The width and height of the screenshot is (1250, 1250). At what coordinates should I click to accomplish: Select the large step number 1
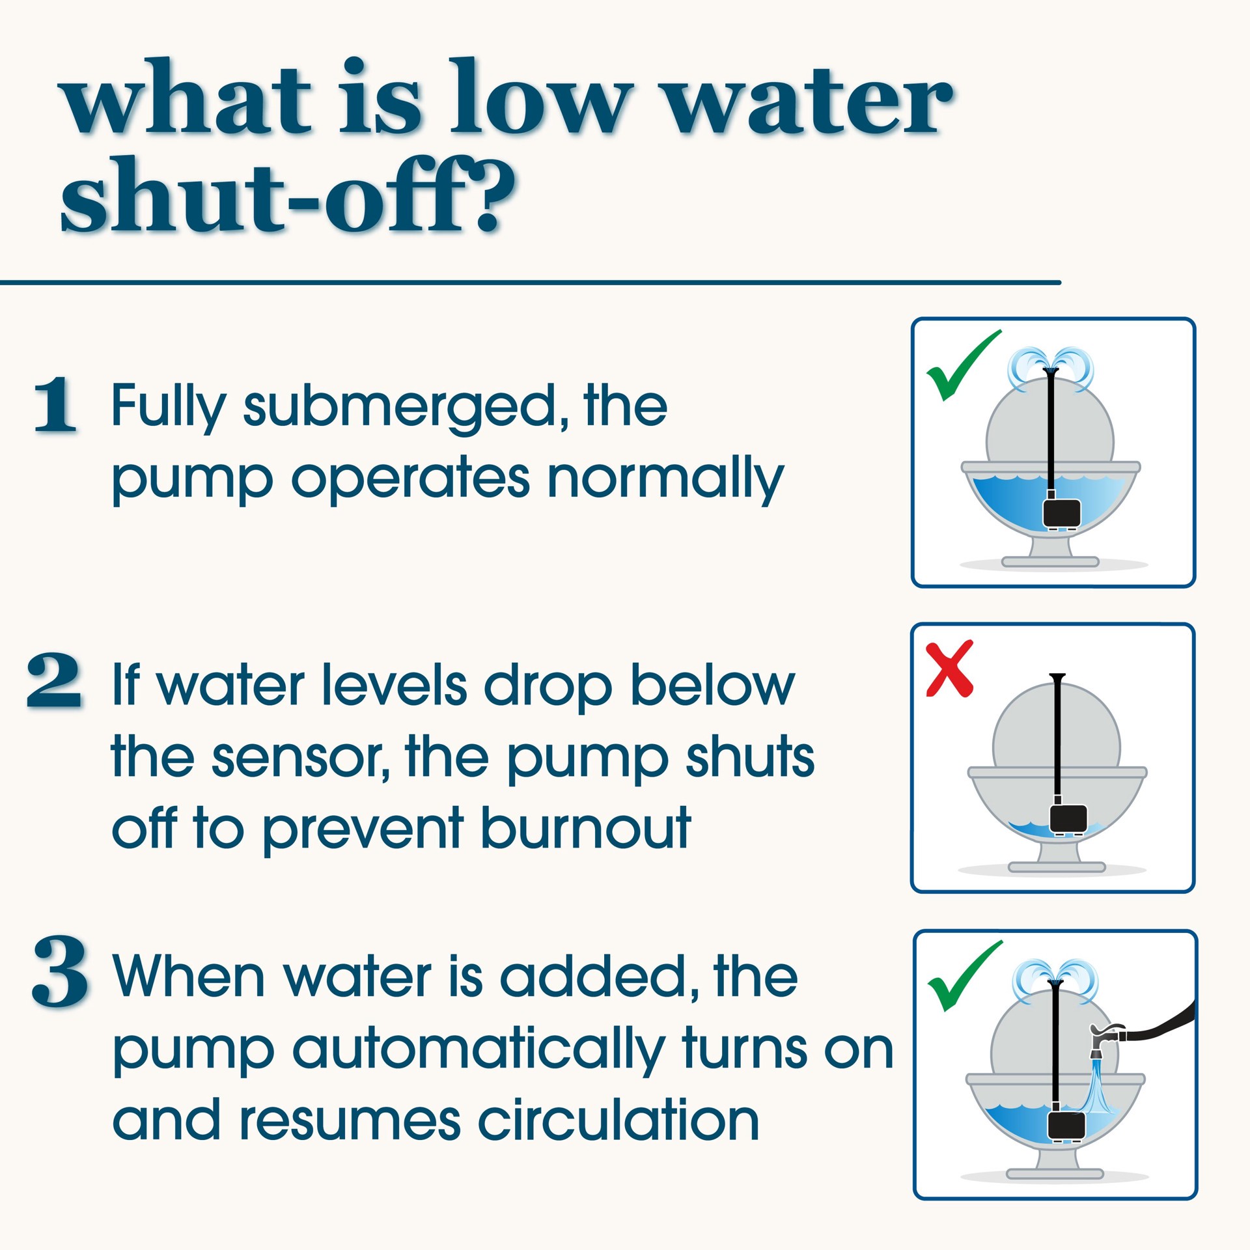pos(55,405)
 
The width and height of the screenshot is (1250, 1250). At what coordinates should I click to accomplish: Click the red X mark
pos(950,669)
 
